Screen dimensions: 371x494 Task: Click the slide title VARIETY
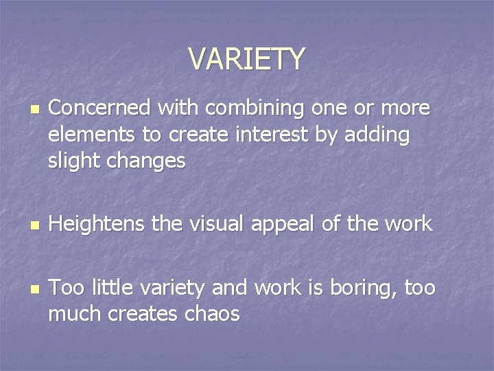(247, 59)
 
